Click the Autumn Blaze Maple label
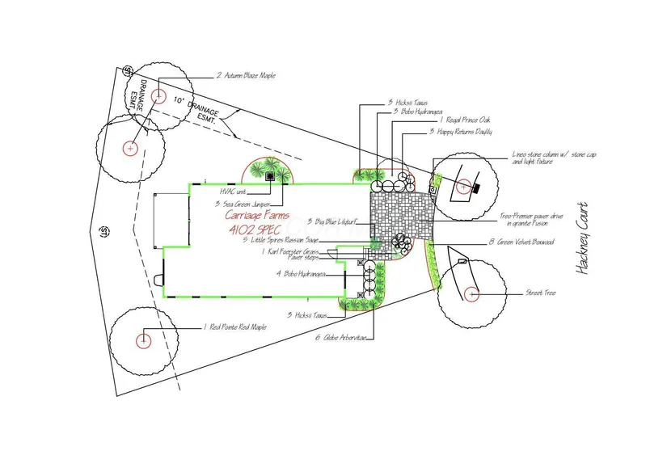(x=246, y=75)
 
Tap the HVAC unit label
(x=235, y=192)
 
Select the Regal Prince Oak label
(x=460, y=119)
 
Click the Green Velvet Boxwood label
(x=521, y=242)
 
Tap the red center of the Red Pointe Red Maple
(x=144, y=339)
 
